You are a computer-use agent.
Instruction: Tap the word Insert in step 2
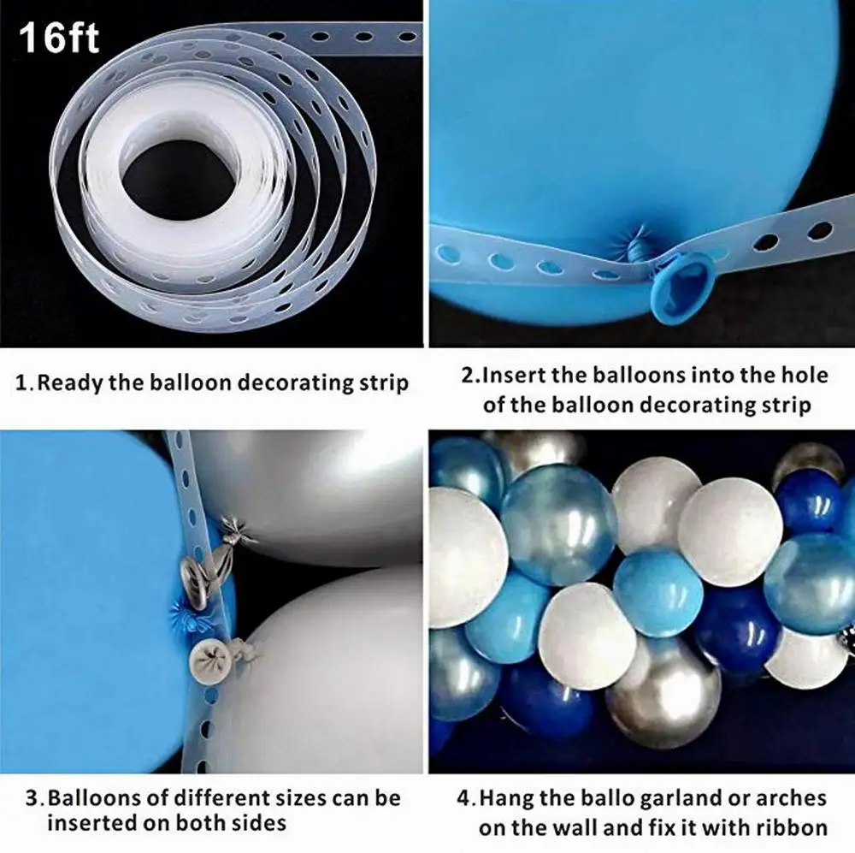point(519,375)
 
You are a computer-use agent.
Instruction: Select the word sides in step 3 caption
point(256,824)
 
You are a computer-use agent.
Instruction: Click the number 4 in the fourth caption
point(464,799)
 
